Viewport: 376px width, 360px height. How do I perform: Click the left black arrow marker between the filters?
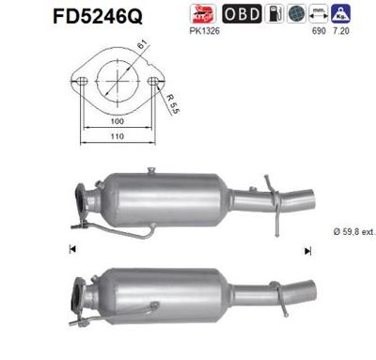pyautogui.click(x=71, y=249)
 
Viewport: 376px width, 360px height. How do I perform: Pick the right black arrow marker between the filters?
pyautogui.click(x=306, y=249)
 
